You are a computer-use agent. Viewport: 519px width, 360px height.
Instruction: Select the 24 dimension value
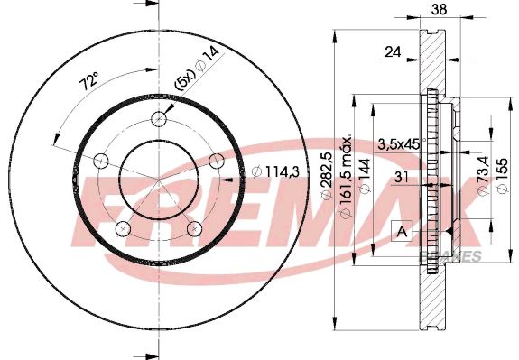coord(392,52)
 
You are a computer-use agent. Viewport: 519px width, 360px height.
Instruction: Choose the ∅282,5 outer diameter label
coord(338,179)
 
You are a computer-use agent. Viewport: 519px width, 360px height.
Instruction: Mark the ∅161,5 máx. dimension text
coord(348,180)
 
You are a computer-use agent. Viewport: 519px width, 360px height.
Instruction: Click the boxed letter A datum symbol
coord(400,232)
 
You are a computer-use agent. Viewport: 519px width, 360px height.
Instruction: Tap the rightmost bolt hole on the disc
coord(216,160)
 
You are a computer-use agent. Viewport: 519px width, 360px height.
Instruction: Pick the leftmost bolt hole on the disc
coord(101,161)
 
